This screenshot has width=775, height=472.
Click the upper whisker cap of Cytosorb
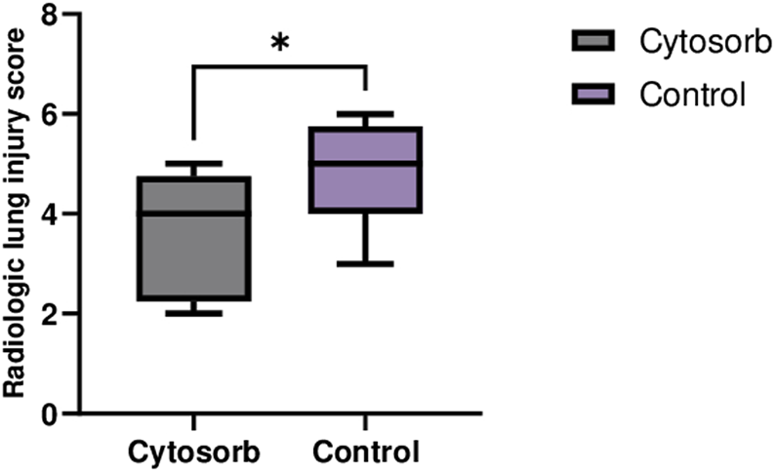pyautogui.click(x=194, y=164)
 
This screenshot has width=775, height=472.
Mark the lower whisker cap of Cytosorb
pyautogui.click(x=194, y=313)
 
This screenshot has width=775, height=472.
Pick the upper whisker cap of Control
pyautogui.click(x=365, y=114)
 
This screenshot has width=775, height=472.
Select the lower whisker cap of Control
pyautogui.click(x=365, y=263)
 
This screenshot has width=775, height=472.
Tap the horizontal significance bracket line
pyautogui.click(x=280, y=66)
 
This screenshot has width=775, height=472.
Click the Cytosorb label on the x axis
pyautogui.click(x=194, y=452)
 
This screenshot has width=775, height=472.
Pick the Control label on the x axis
pyautogui.click(x=365, y=452)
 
